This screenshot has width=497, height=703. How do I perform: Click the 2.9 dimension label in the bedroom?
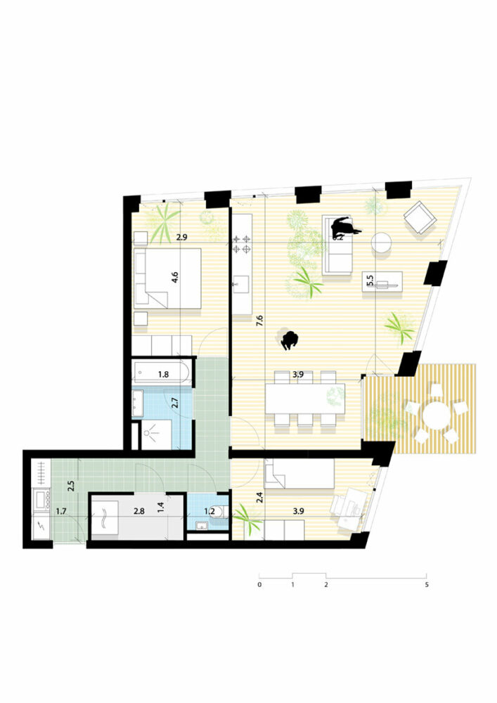point(181,238)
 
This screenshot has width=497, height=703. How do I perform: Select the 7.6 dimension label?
point(259,322)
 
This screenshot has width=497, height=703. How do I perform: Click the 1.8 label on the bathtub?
point(163,375)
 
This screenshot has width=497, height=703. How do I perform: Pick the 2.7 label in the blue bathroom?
point(176,404)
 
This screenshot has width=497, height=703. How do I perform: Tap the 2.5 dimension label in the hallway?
point(71,486)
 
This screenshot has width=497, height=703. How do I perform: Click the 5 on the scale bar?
point(427,585)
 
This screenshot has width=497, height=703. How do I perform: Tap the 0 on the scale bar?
point(259,585)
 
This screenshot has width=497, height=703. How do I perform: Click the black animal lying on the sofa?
point(344,226)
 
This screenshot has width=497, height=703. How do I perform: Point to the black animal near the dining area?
point(290,341)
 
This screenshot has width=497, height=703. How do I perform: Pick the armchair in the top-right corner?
point(420,217)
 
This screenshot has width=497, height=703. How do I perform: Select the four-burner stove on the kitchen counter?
point(243,244)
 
